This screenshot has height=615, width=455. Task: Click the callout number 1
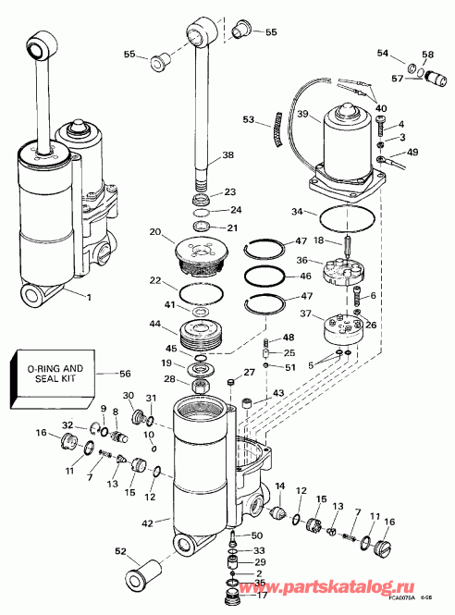(x=90, y=298)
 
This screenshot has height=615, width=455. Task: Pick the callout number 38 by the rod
(x=227, y=156)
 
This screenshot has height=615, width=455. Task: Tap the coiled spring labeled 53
(x=273, y=117)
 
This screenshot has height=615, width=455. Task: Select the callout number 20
(x=154, y=232)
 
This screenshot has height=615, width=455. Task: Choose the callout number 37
(x=304, y=316)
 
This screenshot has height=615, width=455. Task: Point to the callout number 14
(x=280, y=487)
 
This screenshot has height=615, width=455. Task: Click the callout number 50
(x=257, y=536)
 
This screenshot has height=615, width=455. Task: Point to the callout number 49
(x=412, y=152)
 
